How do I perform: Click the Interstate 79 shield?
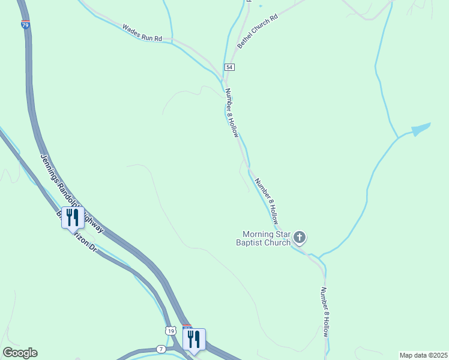point(25,25)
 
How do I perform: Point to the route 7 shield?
point(161,349)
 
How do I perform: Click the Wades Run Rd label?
point(142,33)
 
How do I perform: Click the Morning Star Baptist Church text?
point(266,238)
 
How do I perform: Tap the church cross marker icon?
point(300,238)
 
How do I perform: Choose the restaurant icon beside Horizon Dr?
point(73,218)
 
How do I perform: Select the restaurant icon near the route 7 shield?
point(194,340)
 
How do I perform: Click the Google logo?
point(20,353)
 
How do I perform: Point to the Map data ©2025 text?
point(423,355)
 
